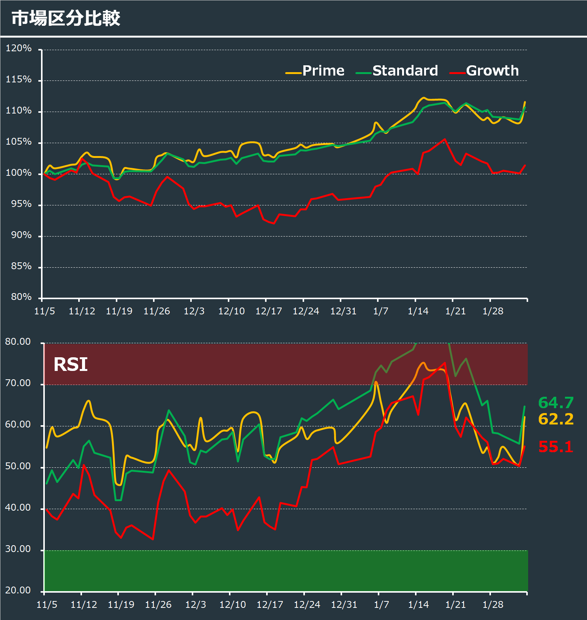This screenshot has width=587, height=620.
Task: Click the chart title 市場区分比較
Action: click(66, 18)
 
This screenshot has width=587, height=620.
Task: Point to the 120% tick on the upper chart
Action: click(19, 48)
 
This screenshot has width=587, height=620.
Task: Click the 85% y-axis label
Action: click(21, 266)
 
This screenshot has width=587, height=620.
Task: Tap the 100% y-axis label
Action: click(19, 173)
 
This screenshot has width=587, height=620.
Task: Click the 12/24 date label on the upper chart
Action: click(306, 311)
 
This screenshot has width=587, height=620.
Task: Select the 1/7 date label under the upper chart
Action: click(380, 311)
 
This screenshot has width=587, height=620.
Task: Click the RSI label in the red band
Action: click(71, 364)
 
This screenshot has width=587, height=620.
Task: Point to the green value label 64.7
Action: click(556, 402)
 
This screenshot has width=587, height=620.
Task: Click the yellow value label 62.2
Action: click(556, 419)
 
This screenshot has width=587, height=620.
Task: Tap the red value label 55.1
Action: click(556, 447)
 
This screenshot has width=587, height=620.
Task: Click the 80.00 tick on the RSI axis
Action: click(18, 342)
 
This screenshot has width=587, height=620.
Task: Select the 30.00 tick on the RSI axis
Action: click(18, 549)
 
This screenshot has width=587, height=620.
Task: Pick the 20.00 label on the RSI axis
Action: click(18, 590)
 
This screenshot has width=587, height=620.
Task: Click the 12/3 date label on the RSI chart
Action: click(196, 604)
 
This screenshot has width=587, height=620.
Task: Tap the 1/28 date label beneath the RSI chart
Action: click(493, 604)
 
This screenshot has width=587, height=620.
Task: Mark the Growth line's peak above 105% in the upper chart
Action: click(445, 139)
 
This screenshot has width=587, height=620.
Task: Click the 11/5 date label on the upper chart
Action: click(44, 311)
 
